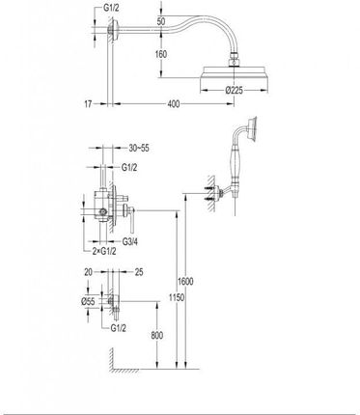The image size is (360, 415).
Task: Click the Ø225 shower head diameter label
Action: click(234, 91)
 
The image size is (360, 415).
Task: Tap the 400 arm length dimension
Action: click(174, 104)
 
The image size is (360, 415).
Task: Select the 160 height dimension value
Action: click(161, 54)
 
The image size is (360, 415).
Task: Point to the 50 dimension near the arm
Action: click(161, 21)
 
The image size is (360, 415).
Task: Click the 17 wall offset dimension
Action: click(88, 104)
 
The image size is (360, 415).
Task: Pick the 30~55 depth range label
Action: click(139, 148)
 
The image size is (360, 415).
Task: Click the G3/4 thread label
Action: click(130, 241)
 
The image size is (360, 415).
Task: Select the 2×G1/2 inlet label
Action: click(104, 251)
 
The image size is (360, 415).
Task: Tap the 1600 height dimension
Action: click(185, 282)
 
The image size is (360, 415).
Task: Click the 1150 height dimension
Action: click(177, 297)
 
